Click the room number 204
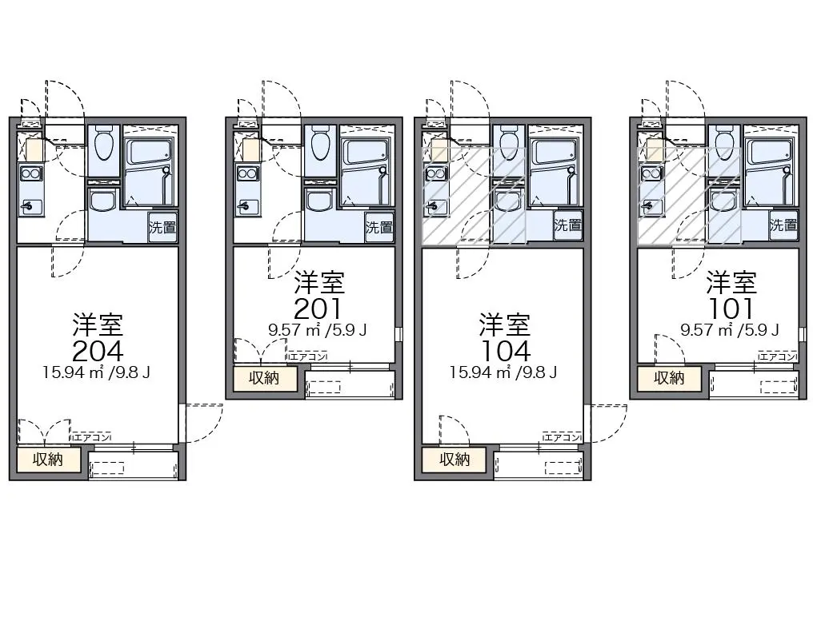click(98, 351)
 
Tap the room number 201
click(318, 309)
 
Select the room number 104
click(505, 351)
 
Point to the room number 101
click(731, 309)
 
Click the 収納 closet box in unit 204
click(49, 460)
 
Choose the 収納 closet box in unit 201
click(265, 378)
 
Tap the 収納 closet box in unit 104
click(455, 460)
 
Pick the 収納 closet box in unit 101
click(669, 378)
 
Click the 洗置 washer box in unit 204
click(162, 226)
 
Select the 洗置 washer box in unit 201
click(379, 226)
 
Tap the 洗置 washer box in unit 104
click(568, 225)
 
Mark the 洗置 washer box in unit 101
click(783, 225)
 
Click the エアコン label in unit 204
click(92, 438)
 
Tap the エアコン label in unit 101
click(777, 356)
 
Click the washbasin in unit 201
click(320, 200)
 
